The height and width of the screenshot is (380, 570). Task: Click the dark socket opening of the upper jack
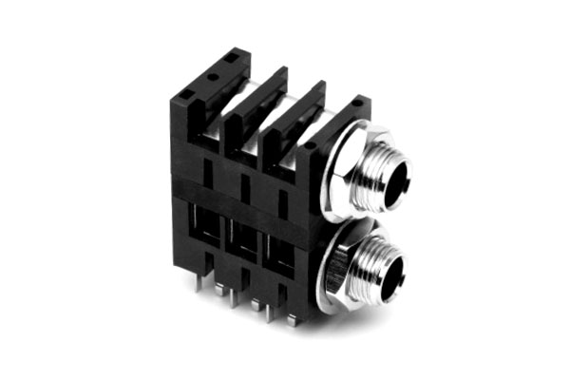click(392, 177)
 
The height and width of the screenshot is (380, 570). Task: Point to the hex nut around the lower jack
click(334, 271)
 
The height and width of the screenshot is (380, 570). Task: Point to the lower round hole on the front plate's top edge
click(309, 146)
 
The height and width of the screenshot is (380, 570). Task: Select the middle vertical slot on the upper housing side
click(245, 184)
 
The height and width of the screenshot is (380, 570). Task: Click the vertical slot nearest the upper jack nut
click(283, 197)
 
